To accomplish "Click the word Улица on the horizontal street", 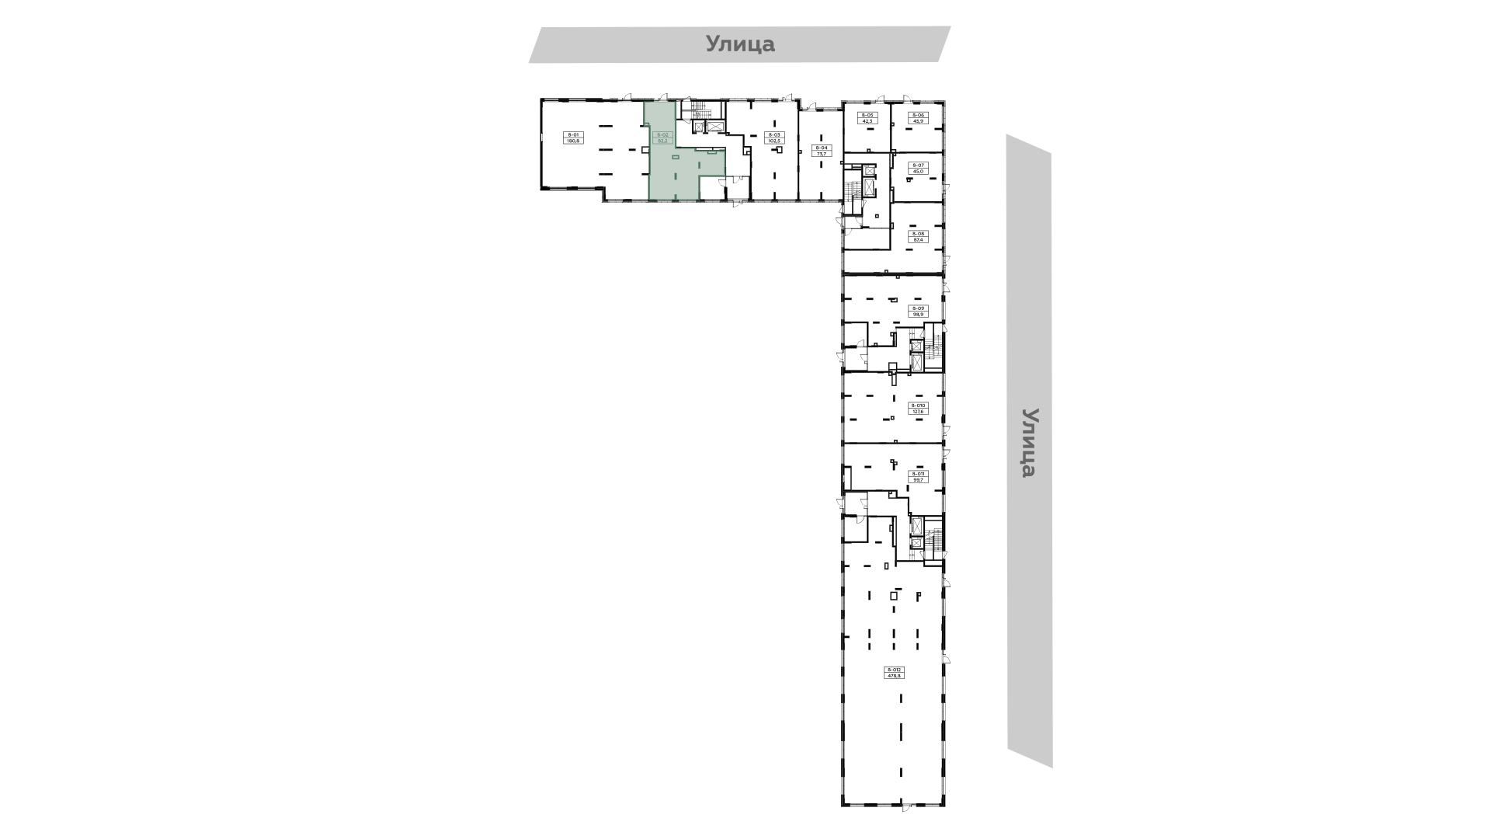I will (x=740, y=44).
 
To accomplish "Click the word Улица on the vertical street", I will (x=1030, y=443).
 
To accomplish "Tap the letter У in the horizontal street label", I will (x=713, y=44).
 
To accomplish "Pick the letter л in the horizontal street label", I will (x=726, y=45).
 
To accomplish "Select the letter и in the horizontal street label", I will (x=740, y=45).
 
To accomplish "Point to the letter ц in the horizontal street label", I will (x=755, y=46).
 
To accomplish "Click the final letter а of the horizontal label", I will (x=768, y=45).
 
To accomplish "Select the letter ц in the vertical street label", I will (x=1029, y=457).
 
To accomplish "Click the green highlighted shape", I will (x=672, y=163).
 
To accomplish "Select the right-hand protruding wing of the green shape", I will (x=711, y=163).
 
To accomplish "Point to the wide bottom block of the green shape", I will (x=674, y=187).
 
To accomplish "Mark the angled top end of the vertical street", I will (x=1027, y=148).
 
